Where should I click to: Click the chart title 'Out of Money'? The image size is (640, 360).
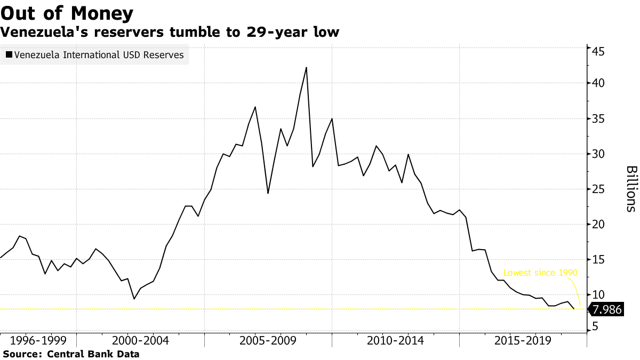tap(67, 13)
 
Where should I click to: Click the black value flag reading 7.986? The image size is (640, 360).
tap(606, 309)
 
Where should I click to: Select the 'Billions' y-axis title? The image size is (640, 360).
tap(631, 189)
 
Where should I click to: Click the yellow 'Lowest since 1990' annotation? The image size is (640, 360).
tap(540, 273)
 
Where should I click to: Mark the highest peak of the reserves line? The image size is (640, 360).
tap(306, 68)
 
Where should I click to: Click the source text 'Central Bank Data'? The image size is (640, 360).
tap(93, 354)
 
